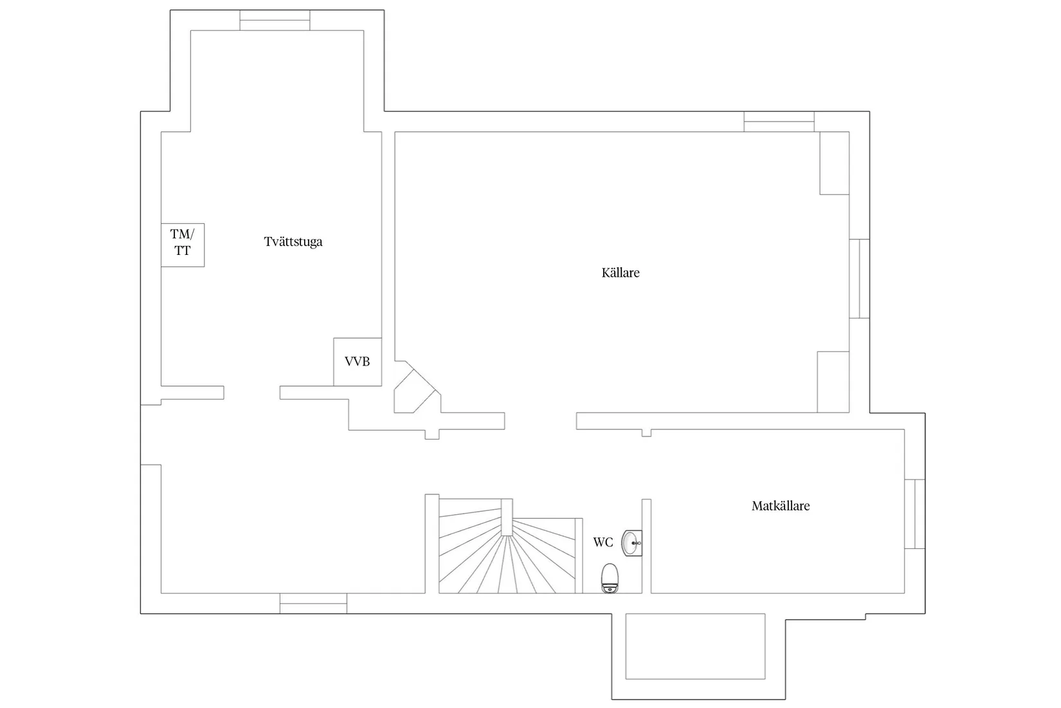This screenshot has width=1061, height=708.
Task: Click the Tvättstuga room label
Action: pyautogui.click(x=293, y=242)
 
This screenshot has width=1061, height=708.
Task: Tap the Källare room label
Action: pyautogui.click(x=621, y=273)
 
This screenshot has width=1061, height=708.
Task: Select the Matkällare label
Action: pyautogui.click(x=781, y=506)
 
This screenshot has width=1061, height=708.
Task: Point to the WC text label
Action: pyautogui.click(x=603, y=542)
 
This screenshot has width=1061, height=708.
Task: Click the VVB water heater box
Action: pyautogui.click(x=358, y=362)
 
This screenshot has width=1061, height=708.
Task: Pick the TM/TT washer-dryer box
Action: pyautogui.click(x=183, y=245)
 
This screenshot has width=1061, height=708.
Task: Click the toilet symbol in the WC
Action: pyautogui.click(x=610, y=578)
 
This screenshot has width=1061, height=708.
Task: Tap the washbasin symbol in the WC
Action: pyautogui.click(x=632, y=543)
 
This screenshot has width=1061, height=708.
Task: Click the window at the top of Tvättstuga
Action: pyautogui.click(x=275, y=21)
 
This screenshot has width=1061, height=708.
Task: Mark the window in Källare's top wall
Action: pyautogui.click(x=779, y=122)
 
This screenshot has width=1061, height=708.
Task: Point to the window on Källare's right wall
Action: pyautogui.click(x=859, y=278)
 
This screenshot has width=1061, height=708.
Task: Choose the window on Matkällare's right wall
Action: pyautogui.click(x=914, y=514)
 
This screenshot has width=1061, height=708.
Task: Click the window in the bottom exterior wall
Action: pyautogui.click(x=313, y=603)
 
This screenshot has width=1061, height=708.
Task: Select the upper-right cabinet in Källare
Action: pyautogui.click(x=835, y=163)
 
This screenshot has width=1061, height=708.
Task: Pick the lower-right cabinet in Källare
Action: pyautogui.click(x=833, y=382)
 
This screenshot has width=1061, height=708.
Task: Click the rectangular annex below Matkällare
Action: pyautogui.click(x=695, y=646)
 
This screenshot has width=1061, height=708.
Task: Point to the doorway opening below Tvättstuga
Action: pyautogui.click(x=252, y=393)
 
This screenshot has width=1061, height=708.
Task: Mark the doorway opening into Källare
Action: pyautogui.click(x=540, y=421)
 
